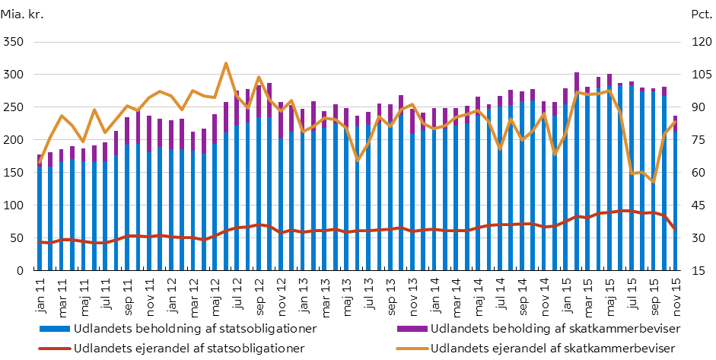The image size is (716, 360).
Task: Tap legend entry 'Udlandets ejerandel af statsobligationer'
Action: tap(178, 348)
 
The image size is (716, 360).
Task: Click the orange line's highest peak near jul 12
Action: tap(226, 63)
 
